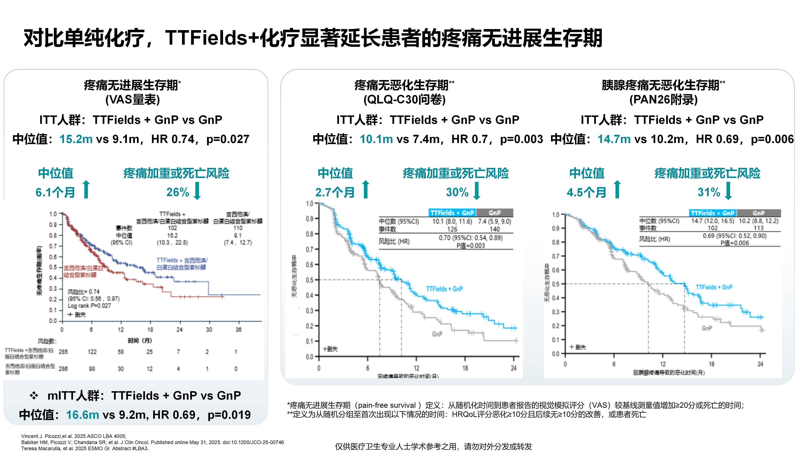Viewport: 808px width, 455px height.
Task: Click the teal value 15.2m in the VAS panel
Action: click(x=76, y=139)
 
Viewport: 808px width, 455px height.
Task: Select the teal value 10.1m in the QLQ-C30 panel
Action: click(x=376, y=139)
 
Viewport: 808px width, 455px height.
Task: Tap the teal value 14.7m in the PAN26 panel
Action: click(x=614, y=139)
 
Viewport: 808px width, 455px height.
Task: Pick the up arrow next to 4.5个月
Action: click(x=617, y=189)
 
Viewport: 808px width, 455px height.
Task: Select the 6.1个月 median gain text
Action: click(x=55, y=192)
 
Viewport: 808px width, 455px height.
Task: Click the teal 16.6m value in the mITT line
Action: click(x=82, y=415)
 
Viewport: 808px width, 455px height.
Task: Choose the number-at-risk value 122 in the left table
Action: click(x=92, y=352)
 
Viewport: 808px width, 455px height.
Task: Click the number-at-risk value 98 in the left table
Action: click(x=92, y=369)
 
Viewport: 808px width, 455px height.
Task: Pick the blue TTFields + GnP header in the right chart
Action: click(x=713, y=213)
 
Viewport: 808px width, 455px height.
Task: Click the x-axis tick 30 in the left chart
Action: click(x=209, y=330)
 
